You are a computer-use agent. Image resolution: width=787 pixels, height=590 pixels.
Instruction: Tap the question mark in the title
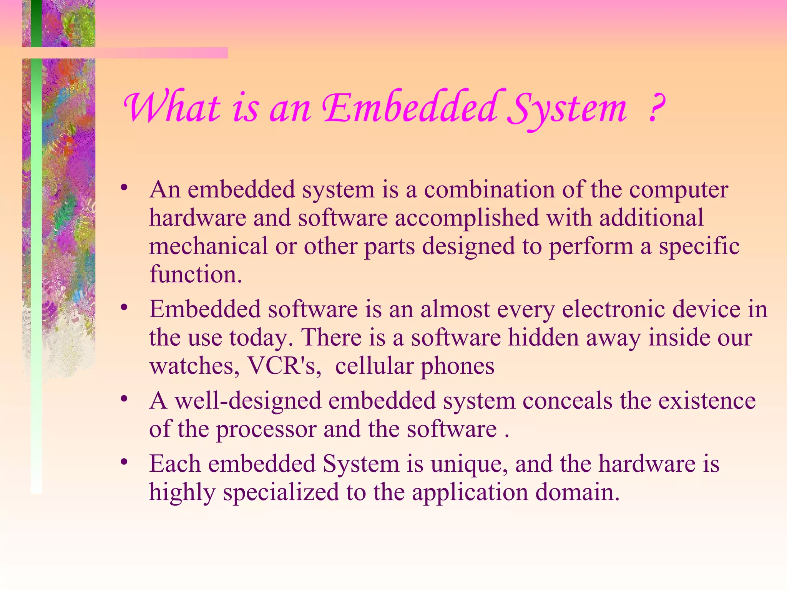click(x=656, y=109)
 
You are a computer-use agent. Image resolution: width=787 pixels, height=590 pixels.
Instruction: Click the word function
click(x=196, y=274)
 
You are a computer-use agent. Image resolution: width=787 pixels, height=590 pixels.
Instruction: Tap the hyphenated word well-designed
click(x=248, y=401)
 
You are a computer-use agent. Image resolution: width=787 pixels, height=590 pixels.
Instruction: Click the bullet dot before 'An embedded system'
click(x=124, y=188)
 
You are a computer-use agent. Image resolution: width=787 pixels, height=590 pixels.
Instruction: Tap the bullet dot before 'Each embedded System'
click(x=124, y=462)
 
